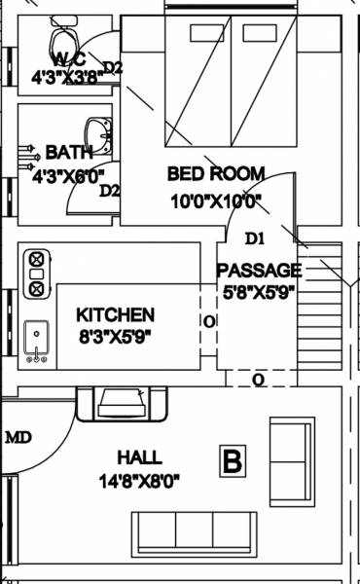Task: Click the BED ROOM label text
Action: click(215, 174)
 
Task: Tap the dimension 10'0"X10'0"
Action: click(215, 201)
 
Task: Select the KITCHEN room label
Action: click(116, 314)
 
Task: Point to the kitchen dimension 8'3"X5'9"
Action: click(116, 337)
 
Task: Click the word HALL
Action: click(139, 456)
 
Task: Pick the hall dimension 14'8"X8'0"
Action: click(139, 480)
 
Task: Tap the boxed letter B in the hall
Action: click(232, 461)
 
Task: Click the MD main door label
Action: click(18, 438)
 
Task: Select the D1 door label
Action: click(255, 237)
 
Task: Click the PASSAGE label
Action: click(259, 270)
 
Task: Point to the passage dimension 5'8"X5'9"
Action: click(259, 290)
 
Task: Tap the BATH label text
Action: click(69, 153)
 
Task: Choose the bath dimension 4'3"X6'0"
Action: click(69, 177)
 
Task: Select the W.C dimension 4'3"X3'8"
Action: click(65, 76)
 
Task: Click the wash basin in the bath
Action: click(96, 132)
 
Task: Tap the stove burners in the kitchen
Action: click(37, 274)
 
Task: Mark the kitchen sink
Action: click(37, 342)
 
